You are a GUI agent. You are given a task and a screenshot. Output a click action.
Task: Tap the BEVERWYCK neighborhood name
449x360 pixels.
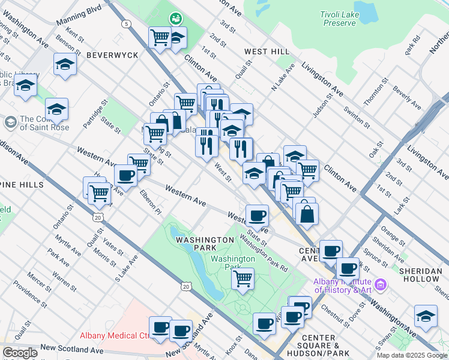click(x=112, y=55)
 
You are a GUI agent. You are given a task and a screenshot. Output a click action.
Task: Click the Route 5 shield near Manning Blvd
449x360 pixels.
click(x=126, y=24)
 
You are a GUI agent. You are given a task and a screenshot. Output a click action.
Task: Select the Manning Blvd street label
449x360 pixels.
click(x=79, y=16)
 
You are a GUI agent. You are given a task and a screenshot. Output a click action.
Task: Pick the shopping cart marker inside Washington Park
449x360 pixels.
click(x=243, y=278)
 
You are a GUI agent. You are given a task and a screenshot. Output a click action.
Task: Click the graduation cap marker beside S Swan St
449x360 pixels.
click(x=426, y=316)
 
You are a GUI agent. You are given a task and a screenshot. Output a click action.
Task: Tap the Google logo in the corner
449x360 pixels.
click(x=19, y=353)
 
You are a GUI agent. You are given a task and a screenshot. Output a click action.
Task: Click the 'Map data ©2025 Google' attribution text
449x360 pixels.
click(x=412, y=355)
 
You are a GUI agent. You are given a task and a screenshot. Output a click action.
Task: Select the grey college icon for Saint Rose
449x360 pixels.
click(x=10, y=122)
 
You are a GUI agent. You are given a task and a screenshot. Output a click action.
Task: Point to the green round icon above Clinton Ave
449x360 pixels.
click(x=175, y=19)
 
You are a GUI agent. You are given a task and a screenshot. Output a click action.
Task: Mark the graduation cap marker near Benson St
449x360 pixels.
click(x=65, y=65)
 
